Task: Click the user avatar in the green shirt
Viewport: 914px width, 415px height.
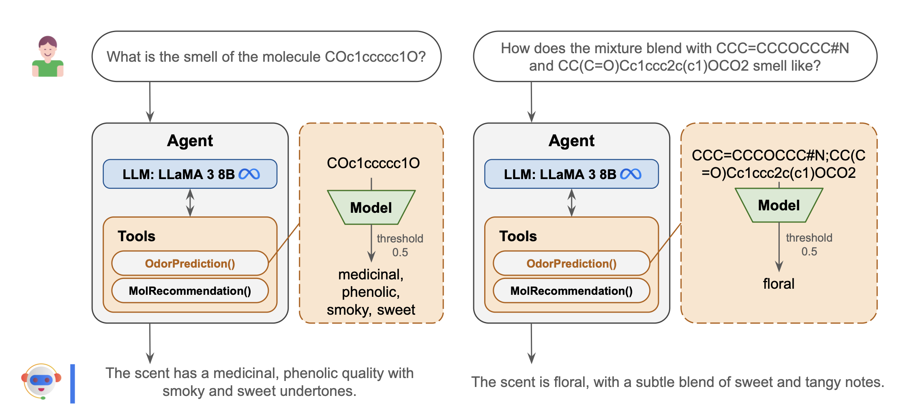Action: (48, 56)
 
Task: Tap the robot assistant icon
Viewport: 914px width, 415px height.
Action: (41, 381)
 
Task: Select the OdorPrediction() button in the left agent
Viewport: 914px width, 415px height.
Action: (190, 264)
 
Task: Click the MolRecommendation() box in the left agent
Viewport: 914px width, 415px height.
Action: (190, 291)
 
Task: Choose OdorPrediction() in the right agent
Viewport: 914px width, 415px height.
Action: (571, 264)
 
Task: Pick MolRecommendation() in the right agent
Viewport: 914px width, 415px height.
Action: (571, 291)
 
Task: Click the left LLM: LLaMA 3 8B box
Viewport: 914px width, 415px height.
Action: (190, 174)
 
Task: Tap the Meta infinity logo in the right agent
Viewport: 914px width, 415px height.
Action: (631, 174)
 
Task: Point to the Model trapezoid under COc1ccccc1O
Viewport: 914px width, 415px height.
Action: (371, 207)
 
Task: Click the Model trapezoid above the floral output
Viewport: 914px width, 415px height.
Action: (779, 205)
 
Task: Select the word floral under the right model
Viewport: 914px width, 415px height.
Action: (779, 283)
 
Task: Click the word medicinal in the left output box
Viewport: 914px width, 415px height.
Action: (370, 275)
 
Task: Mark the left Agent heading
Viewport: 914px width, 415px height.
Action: (190, 141)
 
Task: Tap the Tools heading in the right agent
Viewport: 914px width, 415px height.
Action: (518, 236)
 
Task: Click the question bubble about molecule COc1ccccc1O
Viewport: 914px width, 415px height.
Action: (266, 56)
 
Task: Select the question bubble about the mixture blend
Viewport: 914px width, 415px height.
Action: (675, 56)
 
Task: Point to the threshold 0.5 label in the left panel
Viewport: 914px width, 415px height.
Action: (400, 245)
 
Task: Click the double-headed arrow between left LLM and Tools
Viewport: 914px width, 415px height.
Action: (190, 203)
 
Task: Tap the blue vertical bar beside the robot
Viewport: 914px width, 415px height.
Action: (73, 384)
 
